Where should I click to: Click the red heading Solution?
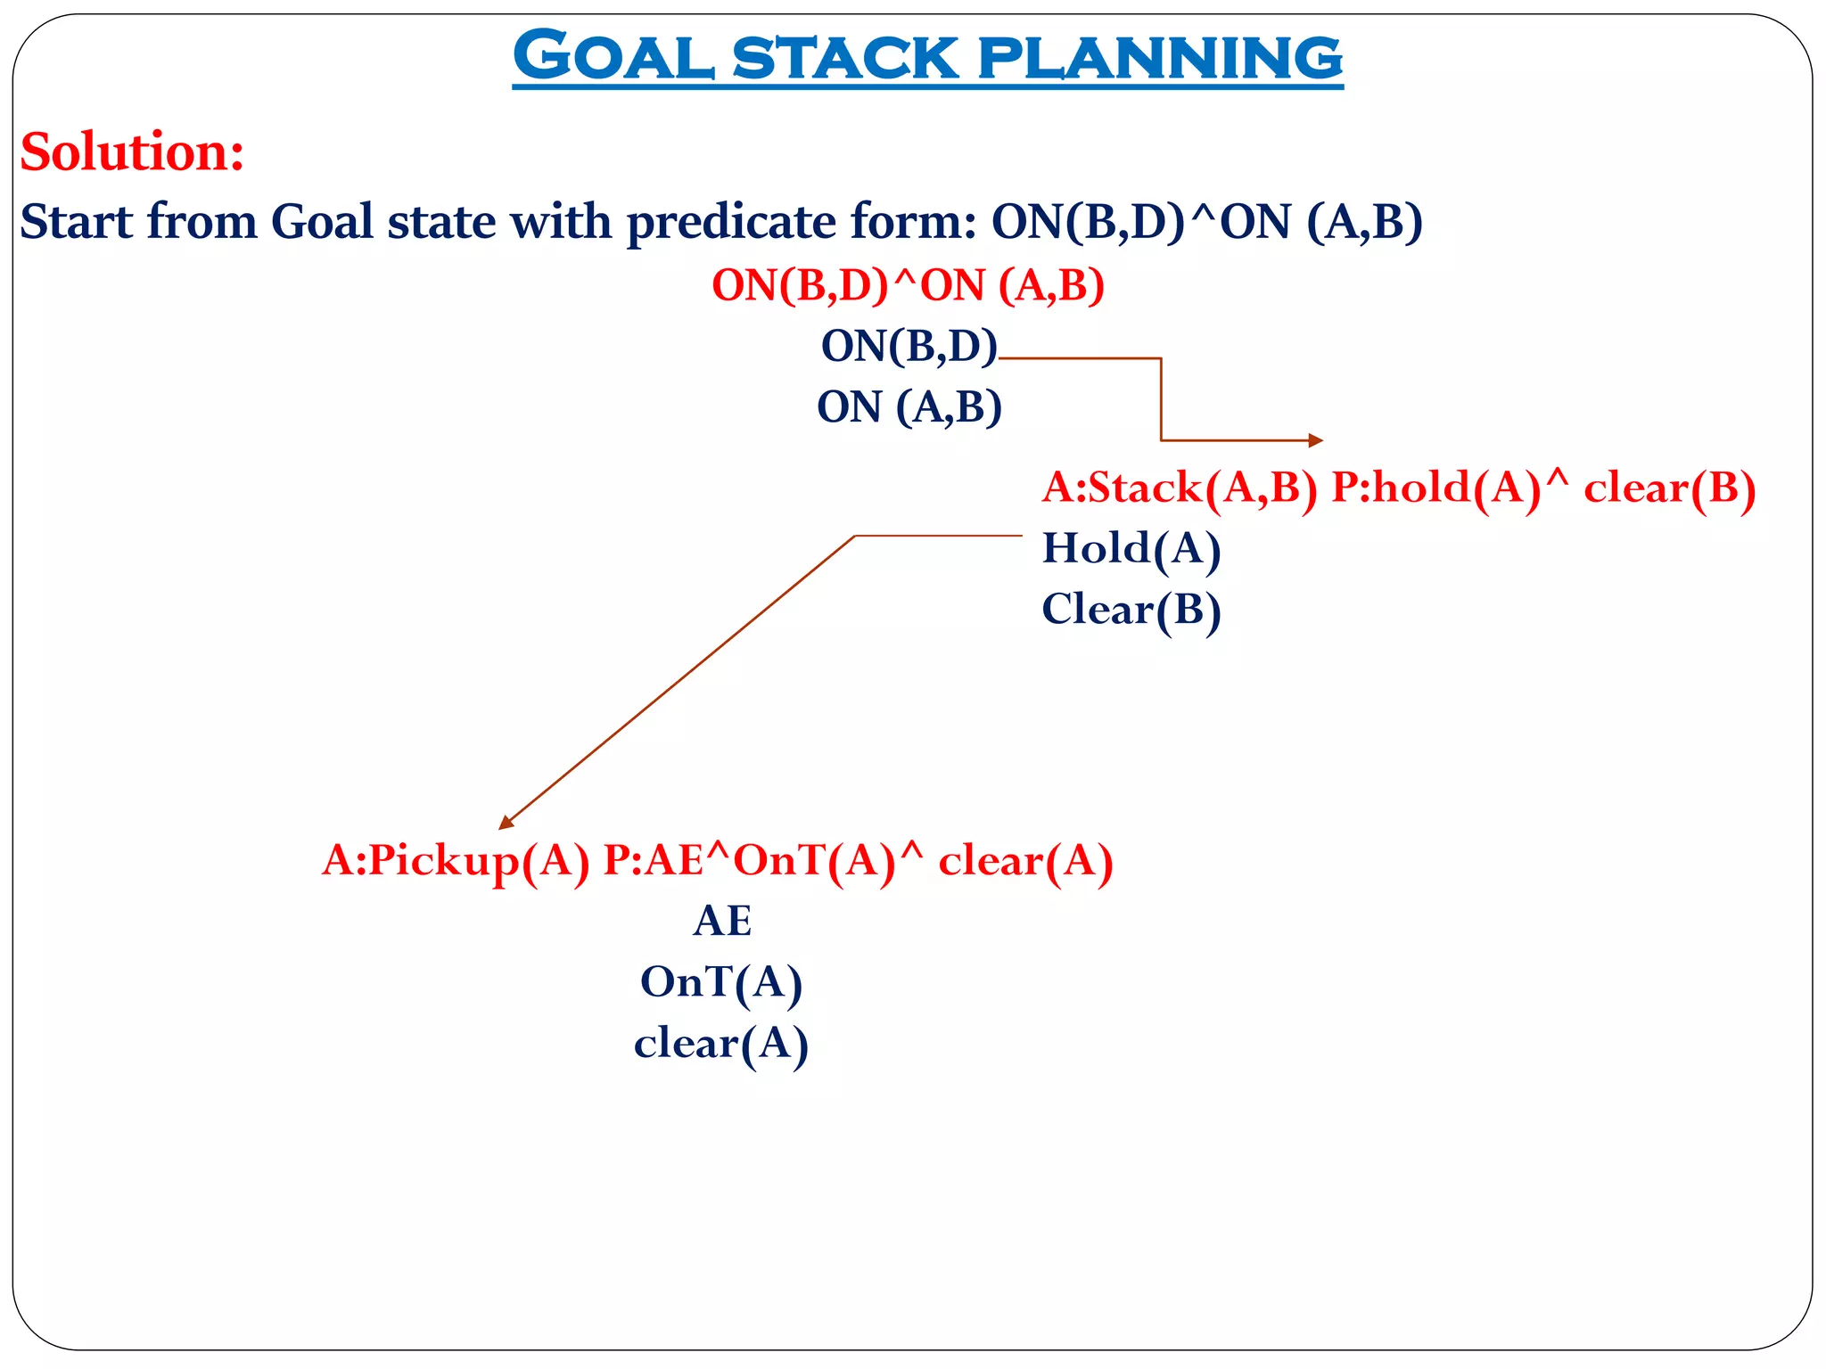132,152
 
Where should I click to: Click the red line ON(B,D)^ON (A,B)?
908,286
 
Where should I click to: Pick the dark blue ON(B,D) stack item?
909,346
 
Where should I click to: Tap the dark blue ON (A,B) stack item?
909,407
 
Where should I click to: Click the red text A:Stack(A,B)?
1179,488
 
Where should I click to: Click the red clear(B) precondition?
1669,488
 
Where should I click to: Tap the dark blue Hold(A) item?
1131,548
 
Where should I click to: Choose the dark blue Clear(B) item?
1131,611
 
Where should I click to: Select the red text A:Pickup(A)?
456,861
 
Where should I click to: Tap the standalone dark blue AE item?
721,921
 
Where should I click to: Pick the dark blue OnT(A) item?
721,982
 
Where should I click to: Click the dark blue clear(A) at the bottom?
721,1044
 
